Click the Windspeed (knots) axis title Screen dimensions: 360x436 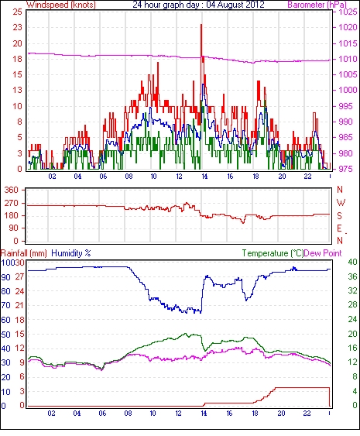click(61, 5)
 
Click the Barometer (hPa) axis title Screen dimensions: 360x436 click(317, 5)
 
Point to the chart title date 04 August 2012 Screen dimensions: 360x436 click(235, 5)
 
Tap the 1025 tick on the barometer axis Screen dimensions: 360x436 click(348, 12)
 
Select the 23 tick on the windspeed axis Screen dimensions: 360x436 click(17, 28)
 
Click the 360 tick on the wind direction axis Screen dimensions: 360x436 click(12, 191)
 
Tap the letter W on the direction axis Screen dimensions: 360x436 click(341, 203)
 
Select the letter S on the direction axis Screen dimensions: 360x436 click(339, 215)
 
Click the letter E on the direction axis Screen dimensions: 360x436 click(339, 228)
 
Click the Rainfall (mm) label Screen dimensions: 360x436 click(24, 253)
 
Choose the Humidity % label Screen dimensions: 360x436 click(71, 253)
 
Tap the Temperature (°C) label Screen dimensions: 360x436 click(273, 253)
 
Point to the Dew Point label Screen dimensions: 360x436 click(323, 253)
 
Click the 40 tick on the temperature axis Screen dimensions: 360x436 click(352, 262)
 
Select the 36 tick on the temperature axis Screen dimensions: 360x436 click(352, 276)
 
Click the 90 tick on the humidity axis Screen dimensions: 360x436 click(6, 277)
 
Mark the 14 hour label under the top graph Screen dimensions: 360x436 click(204, 177)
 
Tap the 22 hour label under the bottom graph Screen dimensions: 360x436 click(307, 414)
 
